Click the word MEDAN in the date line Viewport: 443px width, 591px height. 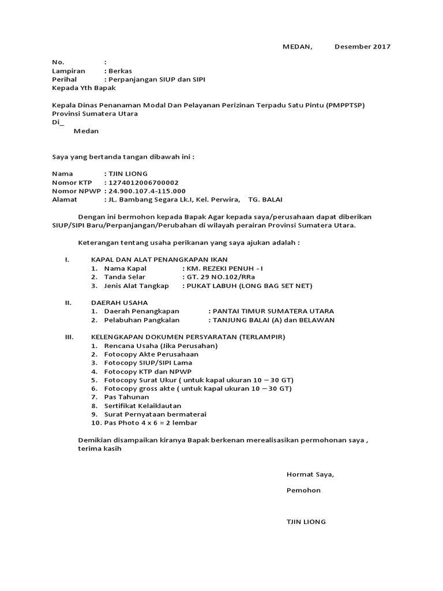coord(297,47)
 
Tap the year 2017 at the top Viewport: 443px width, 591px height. coord(381,47)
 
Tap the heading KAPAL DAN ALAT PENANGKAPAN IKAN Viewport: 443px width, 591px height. coord(159,260)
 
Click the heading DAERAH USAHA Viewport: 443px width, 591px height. coord(119,302)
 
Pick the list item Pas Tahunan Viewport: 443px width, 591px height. coord(126,397)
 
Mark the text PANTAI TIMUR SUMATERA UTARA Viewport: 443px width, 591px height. coord(273,311)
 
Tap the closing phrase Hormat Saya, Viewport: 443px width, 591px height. coord(310,474)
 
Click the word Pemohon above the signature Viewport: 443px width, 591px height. coord(303,491)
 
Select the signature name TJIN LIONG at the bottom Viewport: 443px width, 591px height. coord(306,522)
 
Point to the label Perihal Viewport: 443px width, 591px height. coord(64,79)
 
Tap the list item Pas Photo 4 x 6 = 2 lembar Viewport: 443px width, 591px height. coord(151,423)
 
